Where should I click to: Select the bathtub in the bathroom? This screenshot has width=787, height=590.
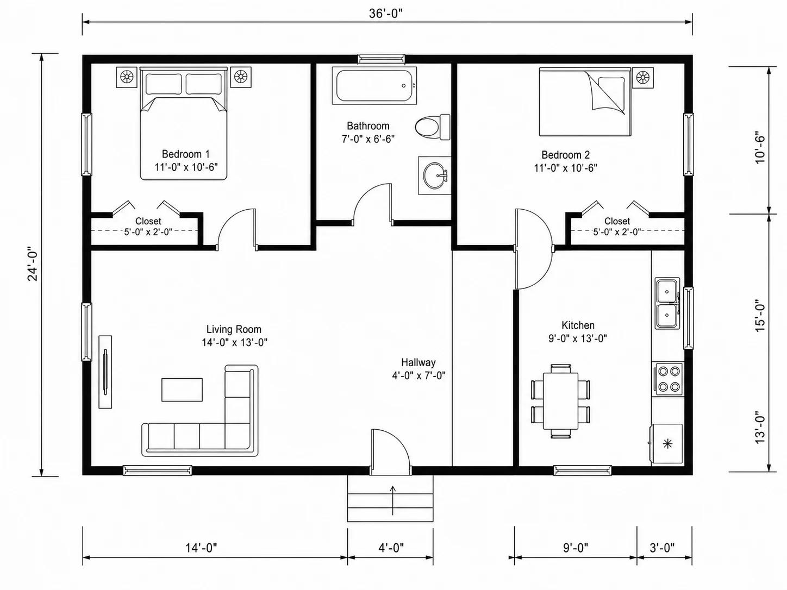coord(374,86)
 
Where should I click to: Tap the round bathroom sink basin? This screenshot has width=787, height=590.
coord(435,175)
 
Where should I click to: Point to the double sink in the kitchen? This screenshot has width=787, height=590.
coord(667,303)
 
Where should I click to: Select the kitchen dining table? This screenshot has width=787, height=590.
coord(560,401)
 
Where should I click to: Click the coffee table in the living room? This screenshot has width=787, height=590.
coord(182,390)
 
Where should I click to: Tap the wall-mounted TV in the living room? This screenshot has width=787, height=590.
coord(105,372)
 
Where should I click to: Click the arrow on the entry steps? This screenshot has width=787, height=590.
coord(392,500)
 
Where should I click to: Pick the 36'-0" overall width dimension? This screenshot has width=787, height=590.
coord(386,14)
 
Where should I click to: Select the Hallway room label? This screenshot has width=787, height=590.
coord(418,362)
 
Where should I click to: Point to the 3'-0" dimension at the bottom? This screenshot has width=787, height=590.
coord(662,548)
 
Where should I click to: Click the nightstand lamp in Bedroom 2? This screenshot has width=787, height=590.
coord(643,77)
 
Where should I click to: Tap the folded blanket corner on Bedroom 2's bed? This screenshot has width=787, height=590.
coord(605,92)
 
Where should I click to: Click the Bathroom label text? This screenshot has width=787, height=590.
coord(368,125)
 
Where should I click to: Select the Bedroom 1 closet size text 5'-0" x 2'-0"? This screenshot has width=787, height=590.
coord(148,232)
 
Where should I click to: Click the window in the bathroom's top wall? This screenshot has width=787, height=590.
coord(382,59)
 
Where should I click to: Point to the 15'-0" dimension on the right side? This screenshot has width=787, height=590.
coord(760,315)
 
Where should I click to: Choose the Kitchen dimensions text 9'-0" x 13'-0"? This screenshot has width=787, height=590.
coord(578,338)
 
